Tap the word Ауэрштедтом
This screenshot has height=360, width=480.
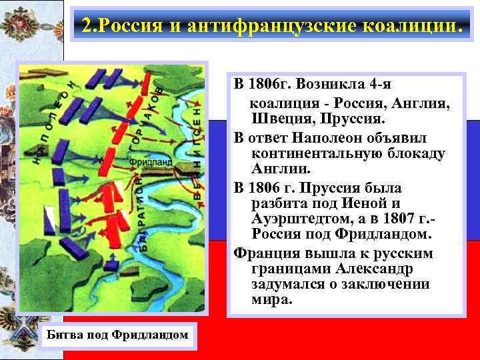click(x=302, y=219)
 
